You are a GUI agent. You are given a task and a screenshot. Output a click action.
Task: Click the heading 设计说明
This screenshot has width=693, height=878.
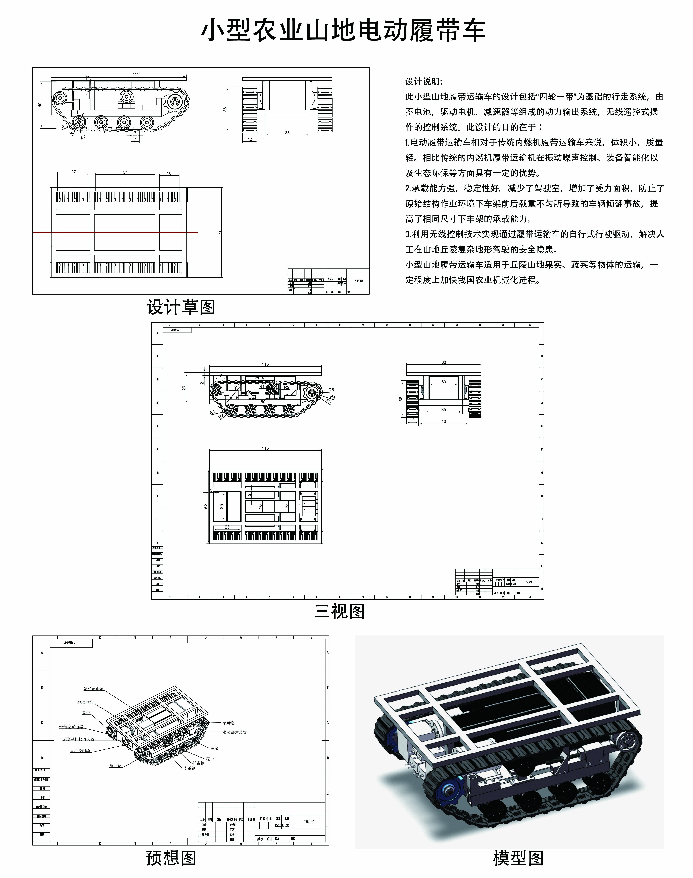pos(424,81)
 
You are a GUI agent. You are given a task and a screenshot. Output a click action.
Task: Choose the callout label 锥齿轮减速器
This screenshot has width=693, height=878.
pos(71,727)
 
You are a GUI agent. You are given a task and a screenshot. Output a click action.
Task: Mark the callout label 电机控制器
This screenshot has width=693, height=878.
pos(80,751)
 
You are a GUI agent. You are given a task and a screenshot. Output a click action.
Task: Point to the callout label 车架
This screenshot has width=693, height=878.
pos(215,748)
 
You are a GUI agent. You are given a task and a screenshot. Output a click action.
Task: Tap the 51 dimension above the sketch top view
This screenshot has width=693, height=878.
pos(125,172)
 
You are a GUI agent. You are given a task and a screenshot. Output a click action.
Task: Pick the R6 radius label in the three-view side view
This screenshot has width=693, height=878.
pos(212,412)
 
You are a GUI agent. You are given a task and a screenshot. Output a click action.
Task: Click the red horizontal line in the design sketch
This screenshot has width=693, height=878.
pos(122,232)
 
